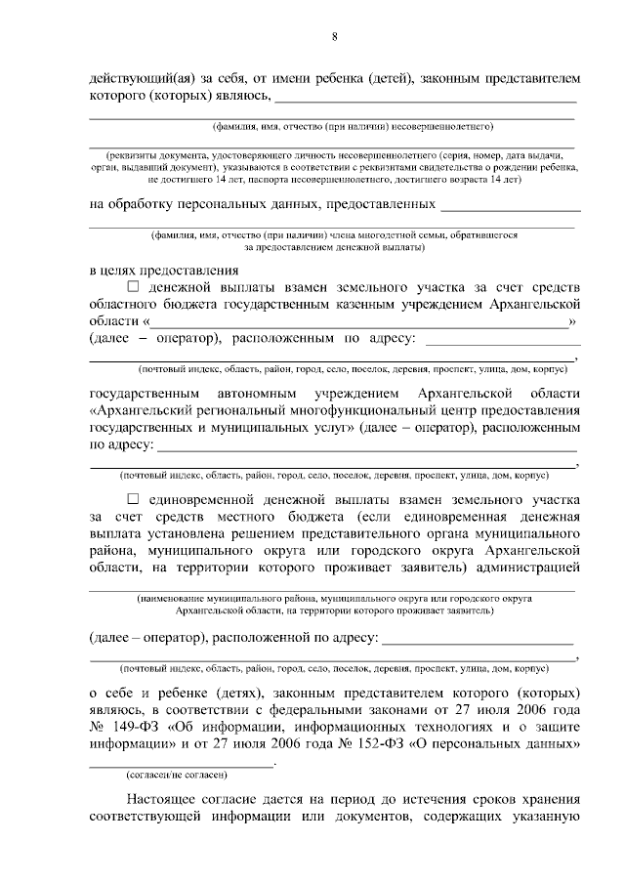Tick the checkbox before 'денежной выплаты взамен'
pyautogui.click(x=134, y=287)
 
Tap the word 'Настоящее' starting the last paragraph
pyautogui.click(x=161, y=799)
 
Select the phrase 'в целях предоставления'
pyautogui.click(x=163, y=270)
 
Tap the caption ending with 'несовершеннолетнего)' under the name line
pyautogui.click(x=354, y=127)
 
